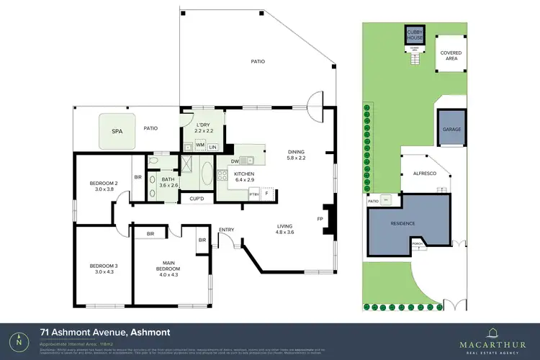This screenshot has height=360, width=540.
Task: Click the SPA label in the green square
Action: [x=117, y=132]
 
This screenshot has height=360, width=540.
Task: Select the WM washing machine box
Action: [x=200, y=146]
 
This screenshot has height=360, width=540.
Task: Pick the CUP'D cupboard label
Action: [x=197, y=198]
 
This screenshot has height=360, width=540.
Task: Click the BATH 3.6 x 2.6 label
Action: [x=168, y=184]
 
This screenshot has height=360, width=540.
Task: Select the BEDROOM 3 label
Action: [x=104, y=268]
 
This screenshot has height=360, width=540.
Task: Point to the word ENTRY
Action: [x=226, y=230]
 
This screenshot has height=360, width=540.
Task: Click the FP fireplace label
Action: [x=320, y=217]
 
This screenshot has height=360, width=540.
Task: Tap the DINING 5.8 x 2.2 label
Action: [x=297, y=154]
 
